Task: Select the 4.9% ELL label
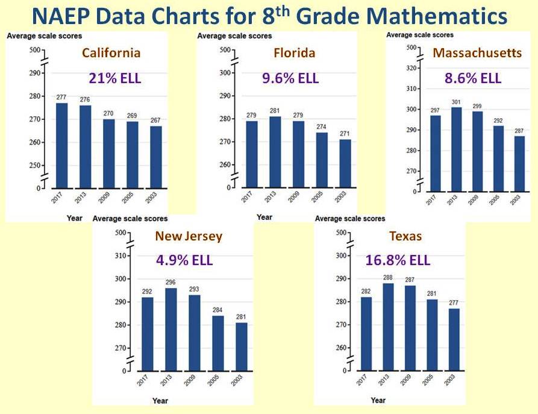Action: pos(184,261)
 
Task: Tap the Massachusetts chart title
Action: pos(477,53)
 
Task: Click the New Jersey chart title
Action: pos(188,236)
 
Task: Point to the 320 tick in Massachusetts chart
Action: pos(411,67)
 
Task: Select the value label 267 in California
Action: pos(155,121)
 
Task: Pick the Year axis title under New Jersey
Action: pos(160,400)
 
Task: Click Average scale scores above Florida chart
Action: pos(234,36)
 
